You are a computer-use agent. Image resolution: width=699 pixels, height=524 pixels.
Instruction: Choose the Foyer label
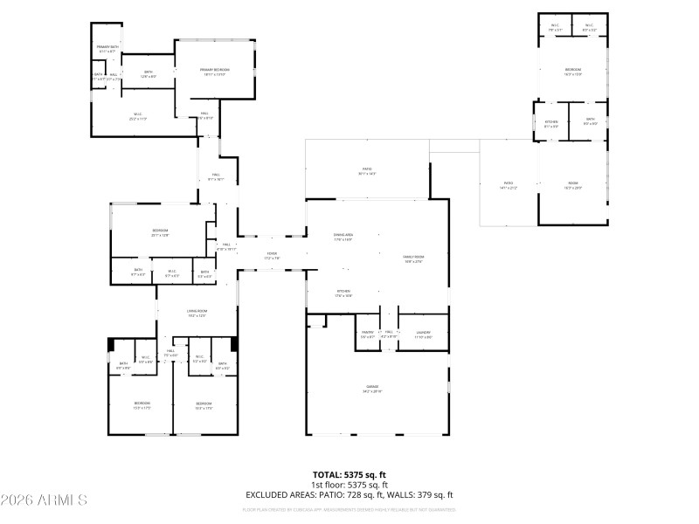click(x=272, y=255)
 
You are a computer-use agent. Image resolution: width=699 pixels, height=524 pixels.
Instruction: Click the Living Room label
click(x=197, y=313)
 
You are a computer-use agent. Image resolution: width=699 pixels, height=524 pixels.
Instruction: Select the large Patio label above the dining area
click(x=367, y=170)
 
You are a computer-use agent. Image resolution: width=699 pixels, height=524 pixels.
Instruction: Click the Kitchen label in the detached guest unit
click(x=551, y=123)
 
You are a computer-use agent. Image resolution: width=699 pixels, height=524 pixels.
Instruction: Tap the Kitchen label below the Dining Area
click(x=343, y=293)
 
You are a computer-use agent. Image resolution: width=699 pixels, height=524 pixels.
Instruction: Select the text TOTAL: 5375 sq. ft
click(x=349, y=474)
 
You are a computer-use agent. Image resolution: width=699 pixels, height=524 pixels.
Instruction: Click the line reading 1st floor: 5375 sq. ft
click(x=349, y=485)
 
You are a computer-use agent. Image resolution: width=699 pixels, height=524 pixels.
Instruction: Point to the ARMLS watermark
click(x=44, y=500)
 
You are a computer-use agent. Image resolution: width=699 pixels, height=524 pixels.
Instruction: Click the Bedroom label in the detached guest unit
click(x=572, y=71)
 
